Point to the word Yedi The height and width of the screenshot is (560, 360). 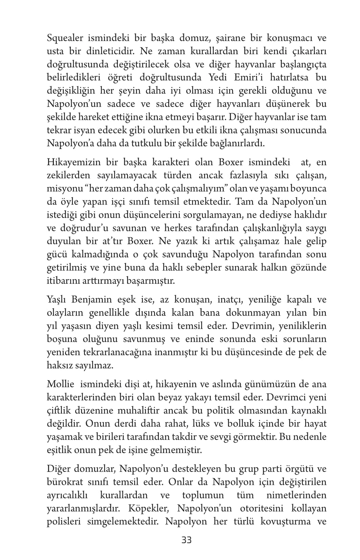coord(214,78)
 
